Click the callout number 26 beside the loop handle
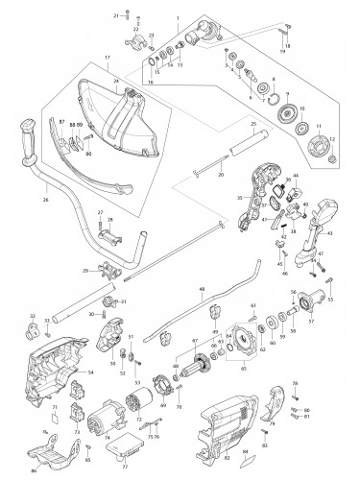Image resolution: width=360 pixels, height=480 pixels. pyautogui.click(x=45, y=201)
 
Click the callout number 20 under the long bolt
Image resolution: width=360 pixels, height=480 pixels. pyautogui.click(x=221, y=176)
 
